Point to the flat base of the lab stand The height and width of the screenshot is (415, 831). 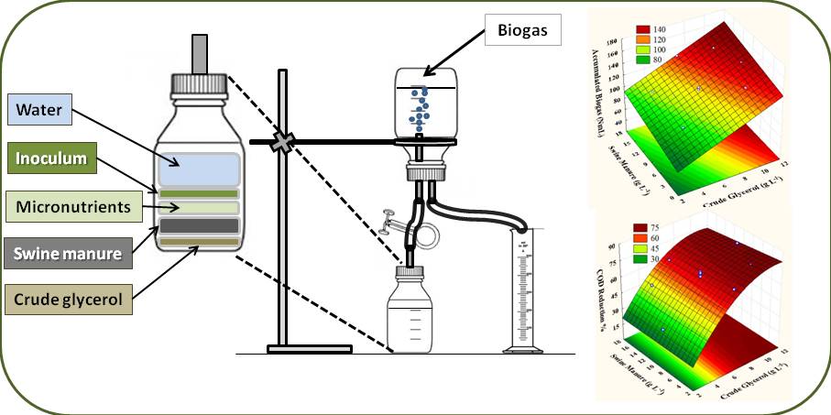pyautogui.click(x=309, y=348)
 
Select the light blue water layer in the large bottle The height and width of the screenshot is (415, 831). pyautogui.click(x=199, y=169)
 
